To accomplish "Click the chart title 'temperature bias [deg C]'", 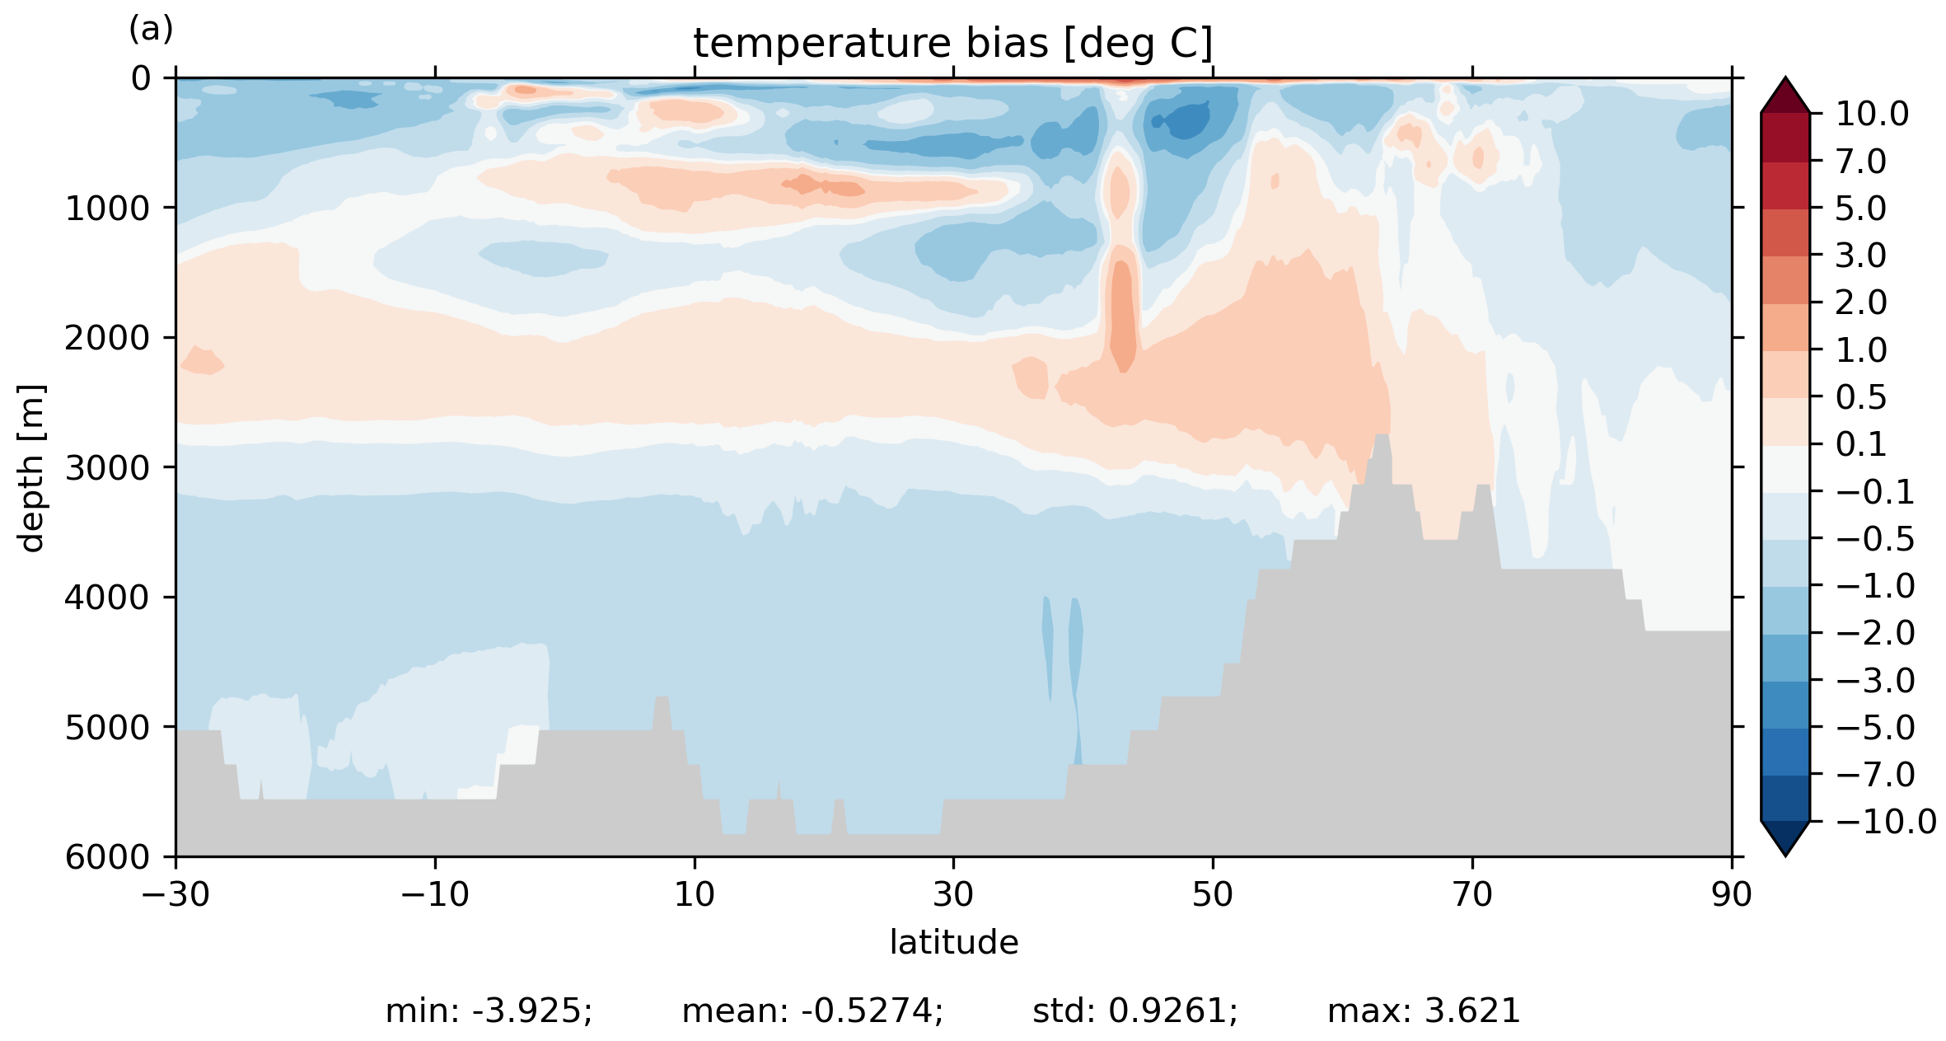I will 952,43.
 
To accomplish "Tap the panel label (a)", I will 151,30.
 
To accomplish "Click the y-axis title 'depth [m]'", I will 31,467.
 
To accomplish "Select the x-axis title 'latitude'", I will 953,942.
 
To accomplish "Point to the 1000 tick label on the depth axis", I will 108,209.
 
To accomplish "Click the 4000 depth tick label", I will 108,598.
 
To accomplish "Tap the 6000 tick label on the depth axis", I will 108,857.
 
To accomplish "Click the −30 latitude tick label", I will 175,894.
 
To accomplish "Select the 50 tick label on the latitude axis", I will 1213,894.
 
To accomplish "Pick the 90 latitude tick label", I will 1731,894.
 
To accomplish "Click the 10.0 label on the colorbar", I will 1872,114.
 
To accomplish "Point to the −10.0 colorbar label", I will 1886,822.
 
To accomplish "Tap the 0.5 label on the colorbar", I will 1861,397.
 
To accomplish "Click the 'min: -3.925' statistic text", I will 489,1011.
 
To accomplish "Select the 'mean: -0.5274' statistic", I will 812,1011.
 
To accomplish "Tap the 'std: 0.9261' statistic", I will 1134,1011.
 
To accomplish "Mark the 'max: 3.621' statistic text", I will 1424,1011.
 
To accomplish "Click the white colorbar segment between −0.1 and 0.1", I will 1785,468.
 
